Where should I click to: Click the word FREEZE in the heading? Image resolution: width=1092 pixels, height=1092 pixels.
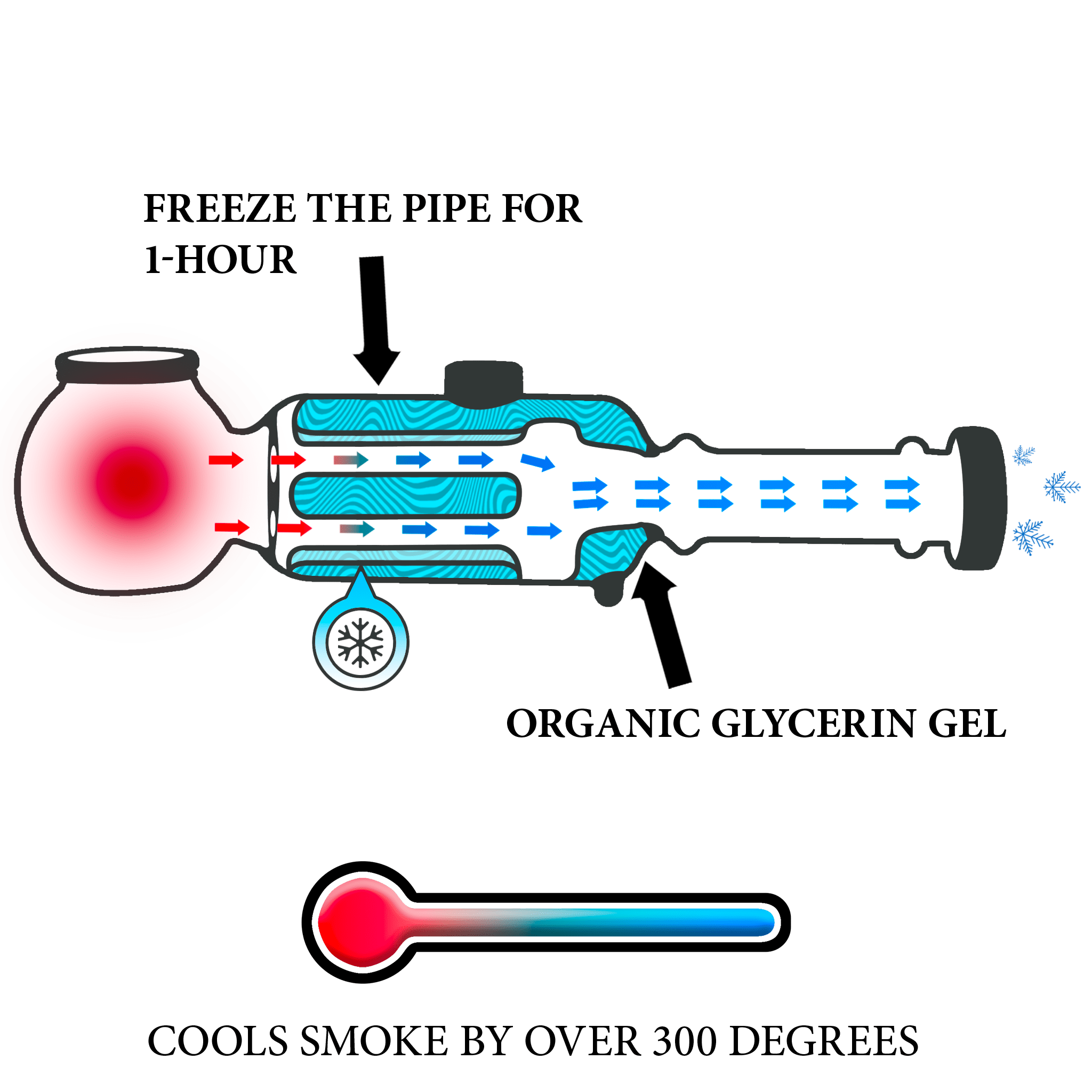coord(219,208)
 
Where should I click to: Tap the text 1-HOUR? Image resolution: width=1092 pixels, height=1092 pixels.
coord(220,260)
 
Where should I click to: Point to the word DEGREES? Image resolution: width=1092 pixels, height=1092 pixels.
coord(824,1041)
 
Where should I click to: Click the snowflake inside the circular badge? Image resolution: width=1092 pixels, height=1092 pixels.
coord(360,643)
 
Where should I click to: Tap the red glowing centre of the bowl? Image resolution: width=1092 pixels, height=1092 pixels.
coord(132,482)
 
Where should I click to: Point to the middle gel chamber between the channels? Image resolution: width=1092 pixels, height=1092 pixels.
coord(405,495)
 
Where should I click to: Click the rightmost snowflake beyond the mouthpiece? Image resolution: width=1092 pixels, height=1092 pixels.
coord(1062,487)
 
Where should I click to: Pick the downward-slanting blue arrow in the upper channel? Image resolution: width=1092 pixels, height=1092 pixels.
coord(537,461)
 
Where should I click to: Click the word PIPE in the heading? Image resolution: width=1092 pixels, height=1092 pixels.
coord(446,208)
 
